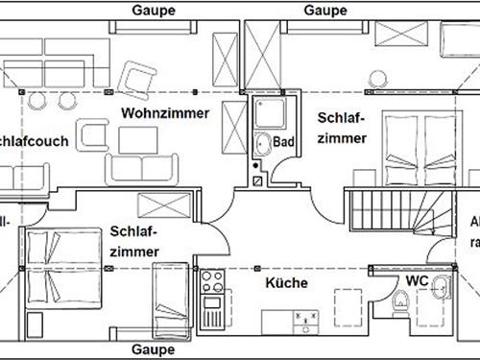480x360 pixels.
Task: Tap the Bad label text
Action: click(x=283, y=141)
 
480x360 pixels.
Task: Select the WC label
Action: click(x=417, y=280)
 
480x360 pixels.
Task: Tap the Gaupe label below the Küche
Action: click(x=154, y=349)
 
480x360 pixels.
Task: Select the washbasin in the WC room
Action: click(x=442, y=288)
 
